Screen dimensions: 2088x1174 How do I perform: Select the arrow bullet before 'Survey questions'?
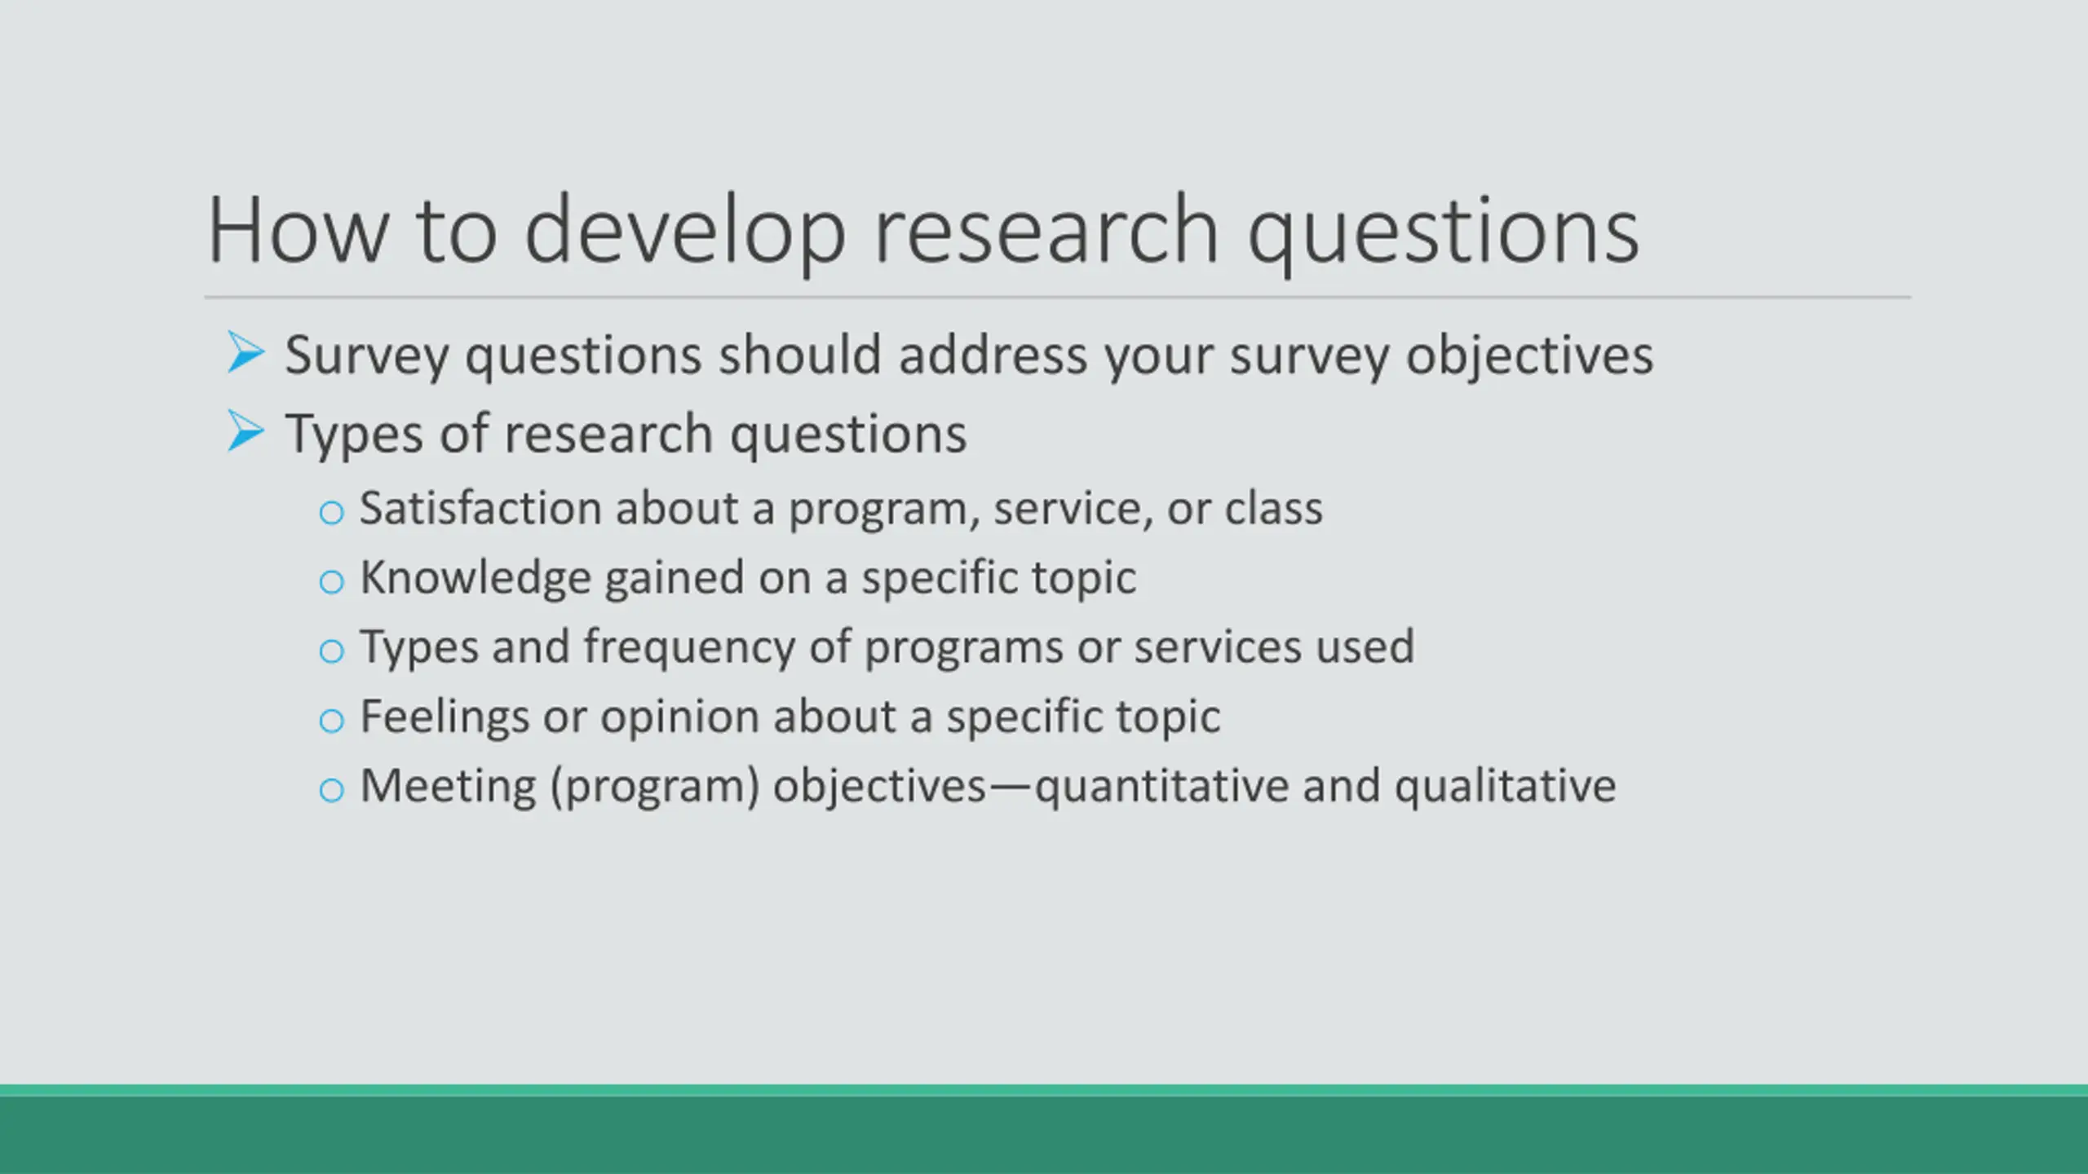pos(246,352)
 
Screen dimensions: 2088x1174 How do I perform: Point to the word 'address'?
pos(993,355)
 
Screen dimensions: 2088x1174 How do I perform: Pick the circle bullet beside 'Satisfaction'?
pos(331,513)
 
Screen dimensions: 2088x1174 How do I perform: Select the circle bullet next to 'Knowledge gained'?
pos(331,582)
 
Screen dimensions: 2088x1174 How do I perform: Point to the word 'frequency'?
pos(688,648)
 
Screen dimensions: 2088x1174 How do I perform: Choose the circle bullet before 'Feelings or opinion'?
pos(331,721)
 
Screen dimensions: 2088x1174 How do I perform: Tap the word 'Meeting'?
pos(448,788)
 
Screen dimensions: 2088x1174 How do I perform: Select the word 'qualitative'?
pos(1505,788)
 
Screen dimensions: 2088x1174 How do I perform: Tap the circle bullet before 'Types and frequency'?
pos(331,651)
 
